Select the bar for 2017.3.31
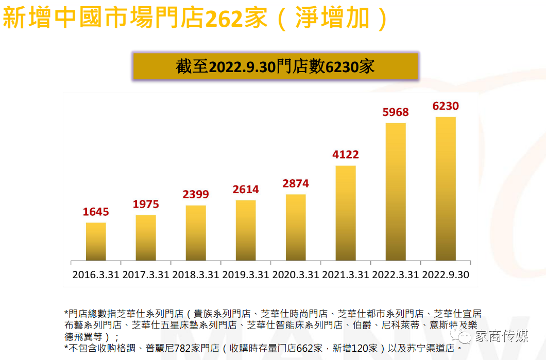[146, 237]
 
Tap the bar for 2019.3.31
[246, 230]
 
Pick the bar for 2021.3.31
[346, 213]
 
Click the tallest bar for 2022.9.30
[446, 188]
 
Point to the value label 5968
[396, 112]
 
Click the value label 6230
[446, 106]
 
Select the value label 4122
[346, 155]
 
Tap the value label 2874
[296, 183]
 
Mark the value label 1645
[96, 212]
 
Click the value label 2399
[196, 194]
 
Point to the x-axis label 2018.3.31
[196, 275]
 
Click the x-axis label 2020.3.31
[296, 275]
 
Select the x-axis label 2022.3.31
[396, 275]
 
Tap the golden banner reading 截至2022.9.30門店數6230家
[276, 66]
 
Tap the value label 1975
[146, 204]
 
